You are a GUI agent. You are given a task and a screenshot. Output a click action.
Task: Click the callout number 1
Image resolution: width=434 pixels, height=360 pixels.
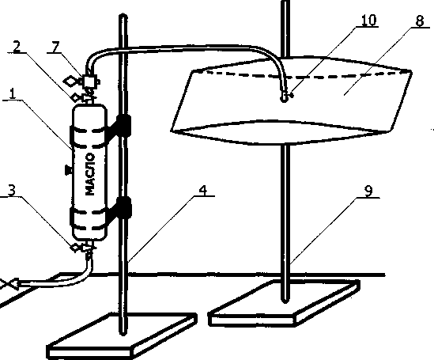point(13,93)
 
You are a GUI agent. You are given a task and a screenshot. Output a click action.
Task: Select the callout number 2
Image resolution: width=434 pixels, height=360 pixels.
point(17,47)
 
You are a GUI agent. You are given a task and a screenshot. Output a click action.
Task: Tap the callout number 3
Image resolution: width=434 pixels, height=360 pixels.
point(11,190)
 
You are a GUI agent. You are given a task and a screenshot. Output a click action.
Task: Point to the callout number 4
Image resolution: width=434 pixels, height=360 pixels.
point(203,190)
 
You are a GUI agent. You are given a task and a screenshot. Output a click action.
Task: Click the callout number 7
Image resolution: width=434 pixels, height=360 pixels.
point(56,47)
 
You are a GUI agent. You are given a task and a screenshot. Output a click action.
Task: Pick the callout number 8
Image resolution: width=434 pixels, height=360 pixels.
point(420,21)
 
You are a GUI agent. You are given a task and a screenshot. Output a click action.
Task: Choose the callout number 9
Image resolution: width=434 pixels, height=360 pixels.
point(368,191)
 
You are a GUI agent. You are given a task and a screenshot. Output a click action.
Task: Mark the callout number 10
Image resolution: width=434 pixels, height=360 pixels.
point(369,20)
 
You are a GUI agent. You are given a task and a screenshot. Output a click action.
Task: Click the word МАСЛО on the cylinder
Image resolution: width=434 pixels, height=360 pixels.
point(90,174)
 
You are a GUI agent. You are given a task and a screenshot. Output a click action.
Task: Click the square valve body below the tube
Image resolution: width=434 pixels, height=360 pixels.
point(89,81)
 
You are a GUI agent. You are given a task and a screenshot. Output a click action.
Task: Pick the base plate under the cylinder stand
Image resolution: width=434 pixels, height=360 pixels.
point(122,336)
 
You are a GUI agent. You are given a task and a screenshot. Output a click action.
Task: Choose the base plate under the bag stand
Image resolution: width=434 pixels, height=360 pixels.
point(284,303)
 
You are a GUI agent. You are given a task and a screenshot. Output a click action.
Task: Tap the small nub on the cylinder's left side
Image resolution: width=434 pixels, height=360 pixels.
point(68,169)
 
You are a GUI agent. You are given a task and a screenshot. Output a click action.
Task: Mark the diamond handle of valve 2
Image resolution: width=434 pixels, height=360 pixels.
point(75,97)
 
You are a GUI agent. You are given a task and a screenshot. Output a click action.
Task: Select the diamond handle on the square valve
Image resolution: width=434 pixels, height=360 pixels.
point(70,81)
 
